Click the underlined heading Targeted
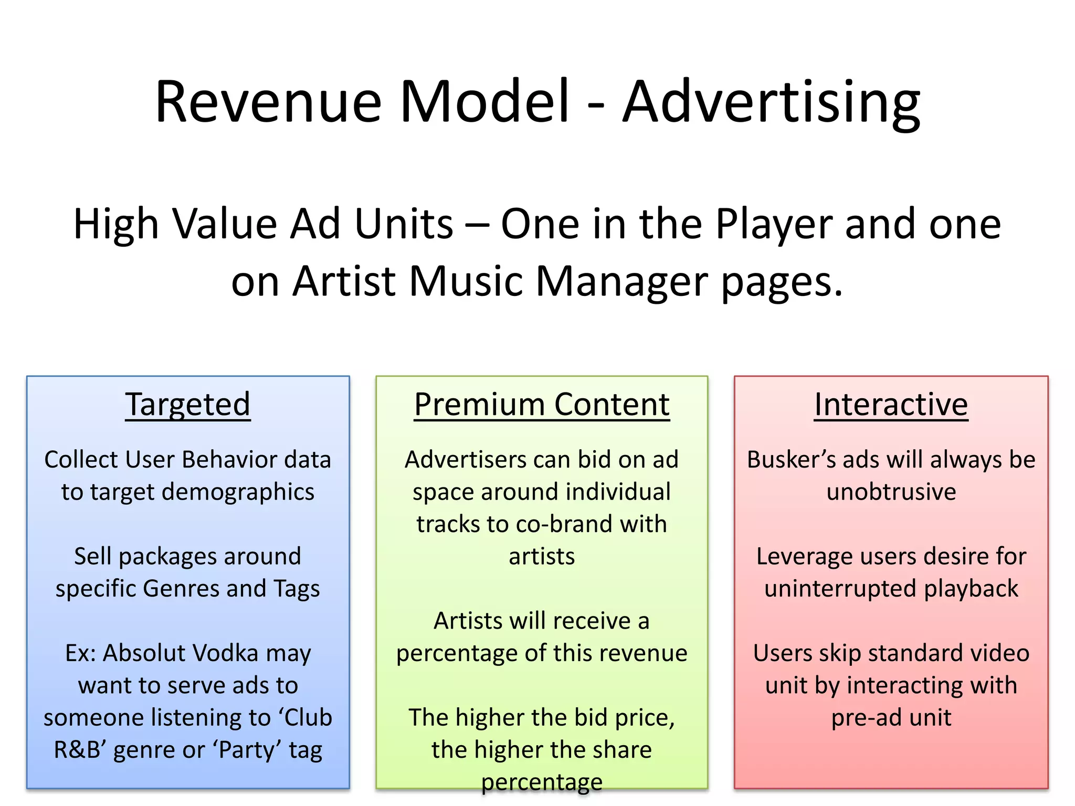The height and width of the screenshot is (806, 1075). tap(188, 405)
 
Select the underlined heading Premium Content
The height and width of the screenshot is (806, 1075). tap(542, 405)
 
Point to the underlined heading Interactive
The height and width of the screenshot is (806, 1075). tap(891, 405)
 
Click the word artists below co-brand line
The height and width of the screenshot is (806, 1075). tap(542, 556)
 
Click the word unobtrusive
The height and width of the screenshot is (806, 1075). tap(891, 492)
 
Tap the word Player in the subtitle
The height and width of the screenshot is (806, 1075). tap(774, 224)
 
